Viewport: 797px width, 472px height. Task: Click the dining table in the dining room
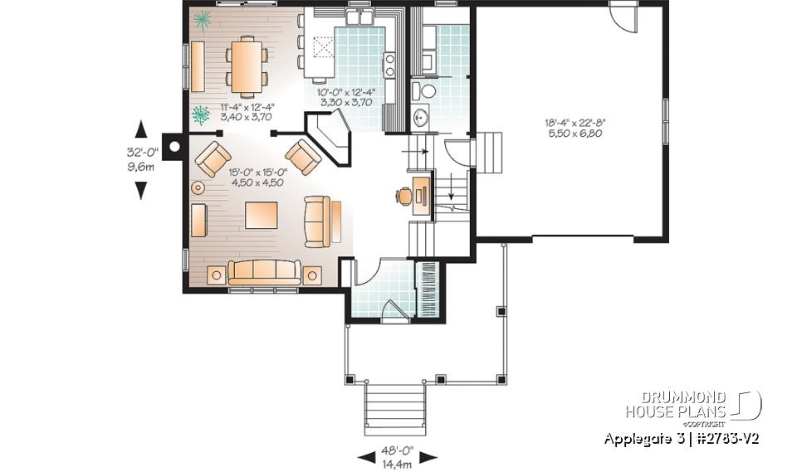[245, 66]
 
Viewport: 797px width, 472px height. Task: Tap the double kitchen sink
[360, 18]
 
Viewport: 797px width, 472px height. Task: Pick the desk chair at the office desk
[404, 196]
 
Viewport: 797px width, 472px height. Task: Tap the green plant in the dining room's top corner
[200, 20]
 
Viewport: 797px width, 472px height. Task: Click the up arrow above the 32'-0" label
[140, 129]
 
